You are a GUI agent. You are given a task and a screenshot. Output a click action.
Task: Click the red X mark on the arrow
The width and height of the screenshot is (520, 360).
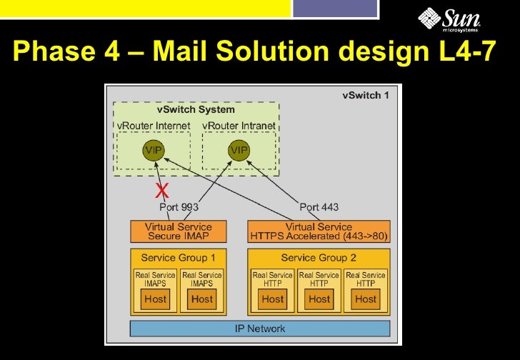(x=162, y=190)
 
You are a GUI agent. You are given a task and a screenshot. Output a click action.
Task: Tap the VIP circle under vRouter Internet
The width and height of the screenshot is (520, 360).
(x=154, y=150)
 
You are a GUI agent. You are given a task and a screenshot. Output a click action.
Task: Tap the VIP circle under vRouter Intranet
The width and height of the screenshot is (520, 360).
(x=239, y=150)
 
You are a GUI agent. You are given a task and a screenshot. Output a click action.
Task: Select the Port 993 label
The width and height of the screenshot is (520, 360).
(x=179, y=207)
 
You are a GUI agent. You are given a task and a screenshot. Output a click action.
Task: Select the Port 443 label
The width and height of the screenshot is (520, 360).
(x=319, y=207)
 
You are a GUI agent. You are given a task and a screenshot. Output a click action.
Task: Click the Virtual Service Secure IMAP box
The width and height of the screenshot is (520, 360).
(x=179, y=231)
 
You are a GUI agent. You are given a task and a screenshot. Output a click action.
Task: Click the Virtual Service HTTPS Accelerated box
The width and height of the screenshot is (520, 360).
(x=319, y=231)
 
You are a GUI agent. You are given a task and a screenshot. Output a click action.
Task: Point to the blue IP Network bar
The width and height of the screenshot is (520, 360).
(x=260, y=329)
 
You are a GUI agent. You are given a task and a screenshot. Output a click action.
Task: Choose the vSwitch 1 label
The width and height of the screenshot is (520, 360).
(x=366, y=96)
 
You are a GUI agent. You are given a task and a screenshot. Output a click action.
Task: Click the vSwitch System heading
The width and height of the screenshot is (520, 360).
(x=196, y=110)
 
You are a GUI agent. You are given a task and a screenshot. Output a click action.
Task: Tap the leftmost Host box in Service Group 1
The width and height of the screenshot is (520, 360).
(x=155, y=299)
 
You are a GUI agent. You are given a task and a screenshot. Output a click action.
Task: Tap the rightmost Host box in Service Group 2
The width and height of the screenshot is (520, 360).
(x=366, y=299)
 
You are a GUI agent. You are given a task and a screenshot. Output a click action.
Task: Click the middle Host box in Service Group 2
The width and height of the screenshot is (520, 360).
(x=319, y=299)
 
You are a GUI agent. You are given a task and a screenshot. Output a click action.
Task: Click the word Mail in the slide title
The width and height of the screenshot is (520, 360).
(x=182, y=51)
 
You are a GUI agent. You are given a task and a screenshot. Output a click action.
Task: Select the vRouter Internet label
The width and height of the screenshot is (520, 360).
(x=154, y=126)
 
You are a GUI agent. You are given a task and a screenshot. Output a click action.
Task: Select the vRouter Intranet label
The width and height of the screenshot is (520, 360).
(x=239, y=126)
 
